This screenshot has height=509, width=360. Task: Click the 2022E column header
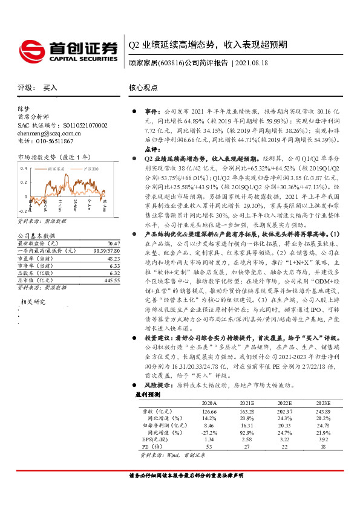click(x=285, y=403)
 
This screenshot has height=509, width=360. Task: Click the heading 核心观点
click(x=143, y=88)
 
